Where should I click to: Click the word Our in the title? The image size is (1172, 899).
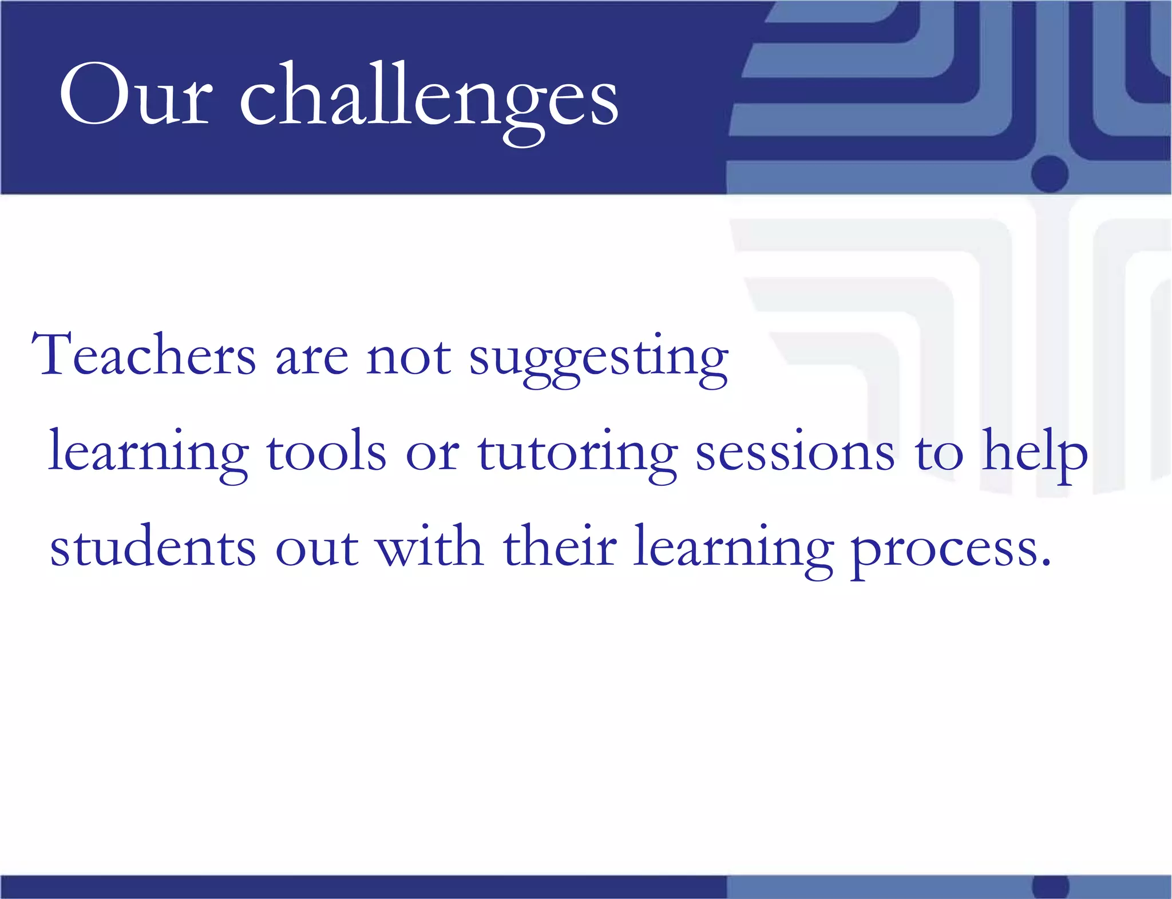tap(136, 94)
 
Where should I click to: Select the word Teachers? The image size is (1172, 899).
tap(143, 355)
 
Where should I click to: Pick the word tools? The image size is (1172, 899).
tap(326, 452)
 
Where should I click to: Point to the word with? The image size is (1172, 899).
tap(429, 546)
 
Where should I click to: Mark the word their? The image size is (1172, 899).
tap(560, 546)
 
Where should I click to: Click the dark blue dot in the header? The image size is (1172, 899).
tap(1050, 173)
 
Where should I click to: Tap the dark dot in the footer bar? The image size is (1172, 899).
tap(1051, 887)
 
